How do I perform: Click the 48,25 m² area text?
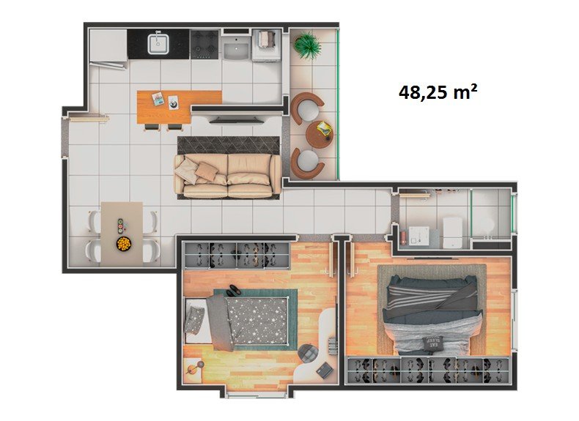(x=438, y=92)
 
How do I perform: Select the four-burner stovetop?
(x=204, y=44)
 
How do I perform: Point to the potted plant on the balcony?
(x=306, y=45)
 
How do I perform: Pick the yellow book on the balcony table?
(x=325, y=128)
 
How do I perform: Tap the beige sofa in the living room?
(x=228, y=176)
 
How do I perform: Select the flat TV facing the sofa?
(x=236, y=119)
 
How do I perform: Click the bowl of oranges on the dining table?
(x=124, y=244)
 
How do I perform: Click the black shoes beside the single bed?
(x=232, y=291)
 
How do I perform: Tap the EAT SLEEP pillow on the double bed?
(x=432, y=343)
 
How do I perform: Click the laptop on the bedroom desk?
(x=324, y=370)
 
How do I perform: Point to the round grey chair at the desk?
(x=308, y=352)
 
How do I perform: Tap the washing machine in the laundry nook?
(x=265, y=44)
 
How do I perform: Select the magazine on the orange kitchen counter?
(x=158, y=99)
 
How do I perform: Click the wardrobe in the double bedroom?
(x=428, y=370)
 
